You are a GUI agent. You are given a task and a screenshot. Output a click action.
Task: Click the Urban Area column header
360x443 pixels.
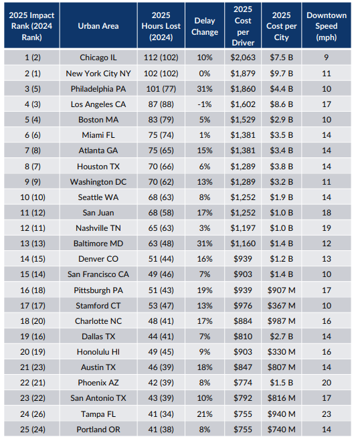click(98, 25)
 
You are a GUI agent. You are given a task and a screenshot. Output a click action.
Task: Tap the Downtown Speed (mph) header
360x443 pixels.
click(327, 25)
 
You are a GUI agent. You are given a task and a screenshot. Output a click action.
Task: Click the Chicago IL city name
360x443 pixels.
click(98, 58)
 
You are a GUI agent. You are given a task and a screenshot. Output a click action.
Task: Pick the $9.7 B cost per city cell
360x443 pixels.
click(284, 73)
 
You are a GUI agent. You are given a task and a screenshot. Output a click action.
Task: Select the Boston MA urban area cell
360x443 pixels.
click(98, 119)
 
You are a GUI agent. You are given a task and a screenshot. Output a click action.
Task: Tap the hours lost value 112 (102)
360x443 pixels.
click(161, 58)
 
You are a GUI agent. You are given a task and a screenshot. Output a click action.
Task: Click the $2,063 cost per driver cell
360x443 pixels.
click(243, 58)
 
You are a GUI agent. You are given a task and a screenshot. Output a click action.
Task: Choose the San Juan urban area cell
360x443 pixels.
click(98, 212)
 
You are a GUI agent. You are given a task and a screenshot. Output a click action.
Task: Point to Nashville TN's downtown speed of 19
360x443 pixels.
click(327, 228)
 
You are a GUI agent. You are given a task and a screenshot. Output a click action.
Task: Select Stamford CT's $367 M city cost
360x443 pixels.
click(284, 305)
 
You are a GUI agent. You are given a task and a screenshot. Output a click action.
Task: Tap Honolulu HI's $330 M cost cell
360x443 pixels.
click(284, 351)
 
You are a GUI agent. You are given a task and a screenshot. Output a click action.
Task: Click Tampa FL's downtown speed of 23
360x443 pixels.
click(327, 413)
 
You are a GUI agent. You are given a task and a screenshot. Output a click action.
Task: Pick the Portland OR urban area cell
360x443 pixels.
click(98, 428)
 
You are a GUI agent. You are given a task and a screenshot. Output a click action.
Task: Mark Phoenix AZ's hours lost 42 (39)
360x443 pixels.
click(161, 382)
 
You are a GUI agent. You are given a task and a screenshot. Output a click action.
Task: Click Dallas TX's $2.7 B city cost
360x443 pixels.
click(284, 336)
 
